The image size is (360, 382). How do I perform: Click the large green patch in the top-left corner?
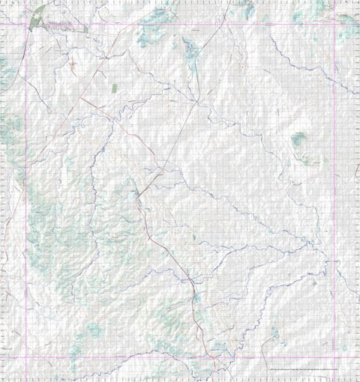tap(37, 14)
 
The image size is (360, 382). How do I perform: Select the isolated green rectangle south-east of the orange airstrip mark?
tap(114, 88)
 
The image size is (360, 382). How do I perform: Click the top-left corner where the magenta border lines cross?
tap(27, 25)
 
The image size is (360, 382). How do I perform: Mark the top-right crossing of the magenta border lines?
tap(334, 25)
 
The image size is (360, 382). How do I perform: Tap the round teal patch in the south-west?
tap(94, 330)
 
